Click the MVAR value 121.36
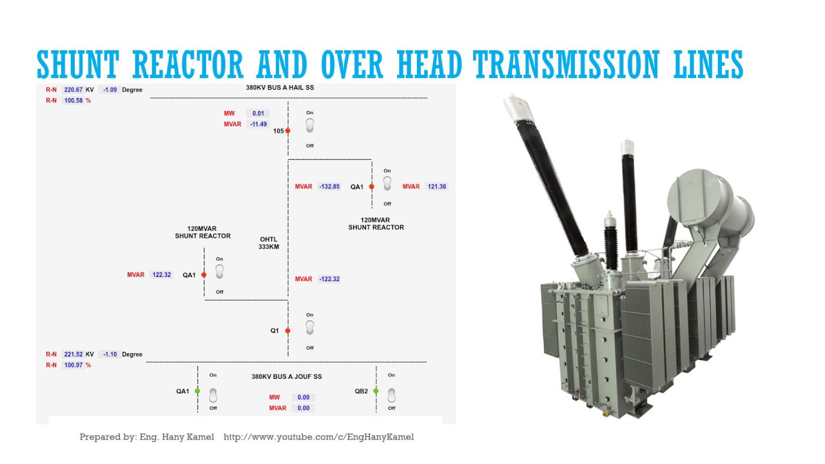tap(436, 187)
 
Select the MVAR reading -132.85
tap(329, 187)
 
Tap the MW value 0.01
tap(258, 113)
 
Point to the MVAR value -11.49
tap(258, 124)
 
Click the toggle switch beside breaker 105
tap(309, 126)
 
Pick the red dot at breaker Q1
tap(287, 331)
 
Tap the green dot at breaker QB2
tap(376, 391)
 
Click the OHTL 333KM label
tap(269, 242)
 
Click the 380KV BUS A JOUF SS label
tap(286, 376)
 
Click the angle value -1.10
tap(109, 354)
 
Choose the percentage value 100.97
tap(73, 365)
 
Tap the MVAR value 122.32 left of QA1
tap(162, 275)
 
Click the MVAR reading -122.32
tap(329, 279)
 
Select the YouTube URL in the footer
tap(318, 437)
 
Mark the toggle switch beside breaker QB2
tap(391, 394)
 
